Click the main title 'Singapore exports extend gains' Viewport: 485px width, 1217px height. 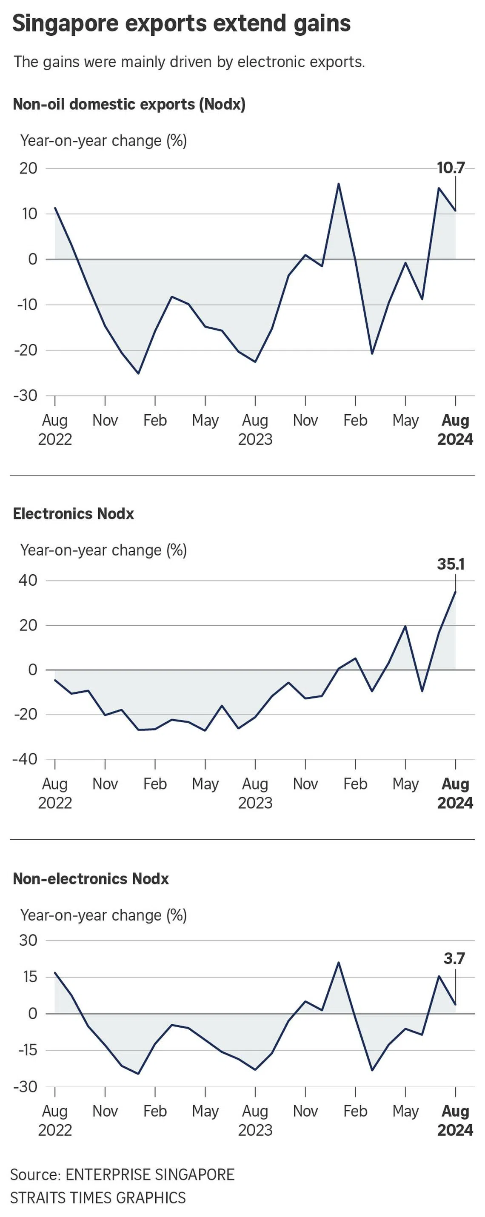[x=182, y=24]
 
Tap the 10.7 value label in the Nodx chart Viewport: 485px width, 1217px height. [x=451, y=168]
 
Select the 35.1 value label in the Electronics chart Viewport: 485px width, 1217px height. [x=451, y=564]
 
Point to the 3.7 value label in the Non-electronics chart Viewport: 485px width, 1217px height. [x=454, y=958]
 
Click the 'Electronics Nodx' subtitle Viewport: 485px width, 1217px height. [x=73, y=513]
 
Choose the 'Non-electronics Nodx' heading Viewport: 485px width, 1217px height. [x=91, y=879]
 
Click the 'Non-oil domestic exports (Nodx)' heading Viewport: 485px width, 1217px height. [x=129, y=104]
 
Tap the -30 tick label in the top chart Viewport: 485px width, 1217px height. [x=26, y=396]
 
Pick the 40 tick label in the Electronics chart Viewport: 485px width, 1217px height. [x=28, y=580]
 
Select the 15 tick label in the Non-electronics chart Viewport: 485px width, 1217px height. [x=30, y=977]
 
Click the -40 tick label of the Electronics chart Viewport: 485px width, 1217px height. [x=26, y=759]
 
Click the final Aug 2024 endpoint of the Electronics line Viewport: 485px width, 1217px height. [x=455, y=592]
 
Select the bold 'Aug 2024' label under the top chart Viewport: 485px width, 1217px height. [x=455, y=430]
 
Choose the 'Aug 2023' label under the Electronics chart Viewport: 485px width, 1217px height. [x=255, y=793]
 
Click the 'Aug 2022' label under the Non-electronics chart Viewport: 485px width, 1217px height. [x=55, y=1120]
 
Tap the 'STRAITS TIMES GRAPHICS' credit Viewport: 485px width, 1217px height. [x=98, y=1197]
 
